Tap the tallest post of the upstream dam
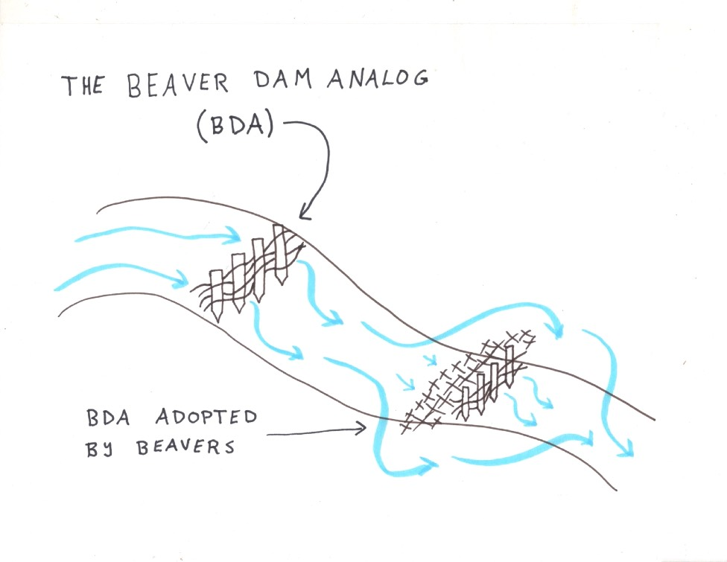280,253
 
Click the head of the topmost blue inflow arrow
235,237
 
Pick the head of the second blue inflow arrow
183,281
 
